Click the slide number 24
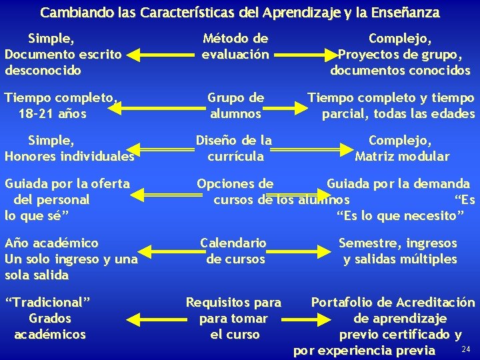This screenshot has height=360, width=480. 465,349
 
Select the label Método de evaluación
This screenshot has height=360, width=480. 235,47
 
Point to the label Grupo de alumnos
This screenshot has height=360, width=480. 235,105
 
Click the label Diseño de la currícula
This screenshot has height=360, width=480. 233,149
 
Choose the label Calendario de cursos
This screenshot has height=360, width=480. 235,251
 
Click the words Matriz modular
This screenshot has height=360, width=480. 402,157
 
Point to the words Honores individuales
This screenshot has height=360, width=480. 69,157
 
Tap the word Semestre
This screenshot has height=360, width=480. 369,243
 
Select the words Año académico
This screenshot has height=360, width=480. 51,243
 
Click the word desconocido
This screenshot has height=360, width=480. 43,70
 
